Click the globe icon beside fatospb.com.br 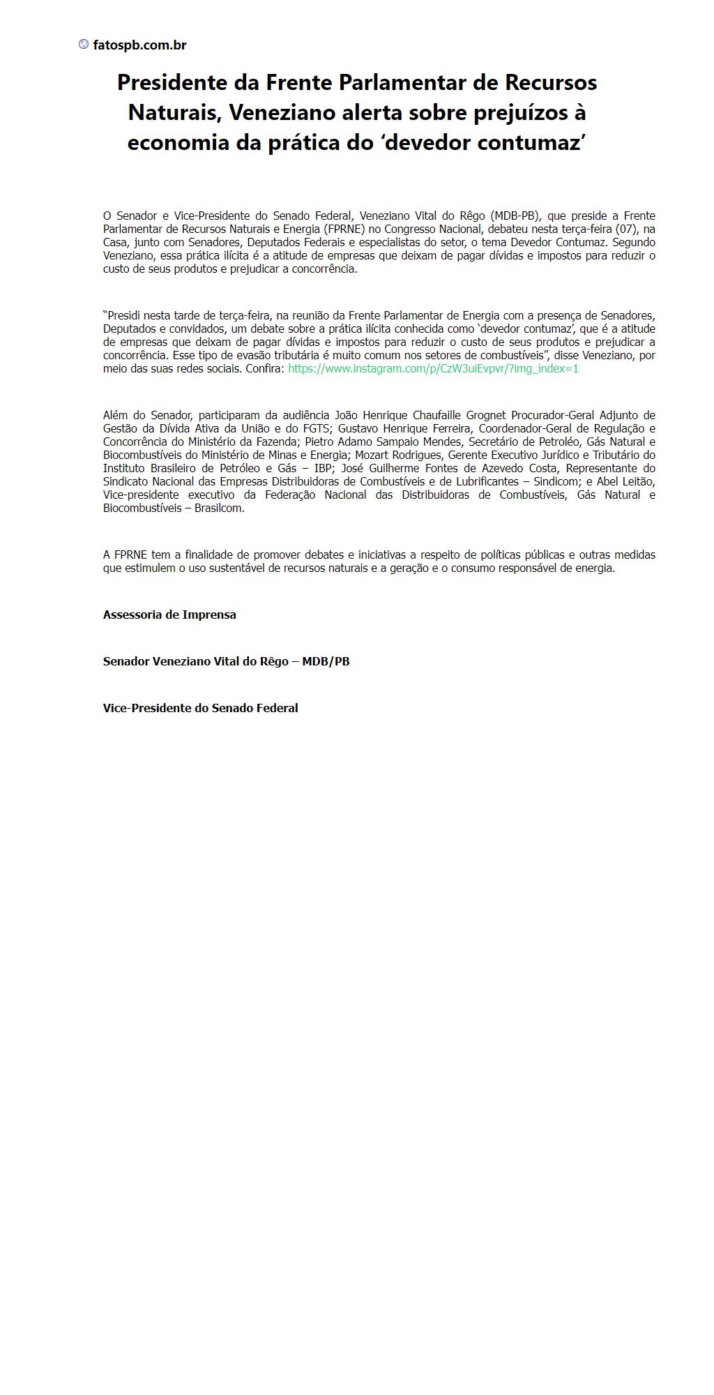(x=84, y=45)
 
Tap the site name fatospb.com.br (x=139, y=45)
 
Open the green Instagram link (x=433, y=368)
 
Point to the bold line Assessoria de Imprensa (x=169, y=614)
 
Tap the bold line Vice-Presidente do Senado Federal (x=200, y=708)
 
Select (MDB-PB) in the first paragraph (x=515, y=216)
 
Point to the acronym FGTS (x=318, y=428)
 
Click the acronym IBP (x=323, y=468)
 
